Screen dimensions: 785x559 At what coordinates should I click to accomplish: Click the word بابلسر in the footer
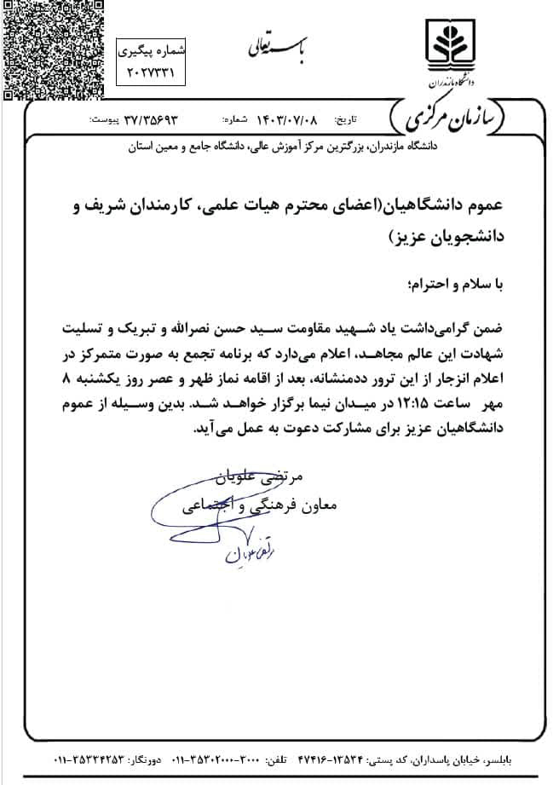[x=530, y=760]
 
